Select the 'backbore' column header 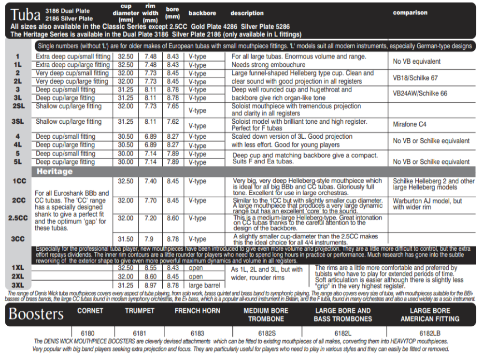[x=202, y=13]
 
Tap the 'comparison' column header [x=410, y=13]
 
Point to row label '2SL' [x=18, y=106]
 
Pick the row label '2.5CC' [x=18, y=218]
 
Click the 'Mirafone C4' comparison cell [x=410, y=124]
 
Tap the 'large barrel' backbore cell [x=205, y=286]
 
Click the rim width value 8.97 [x=150, y=286]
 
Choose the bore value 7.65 [x=173, y=106]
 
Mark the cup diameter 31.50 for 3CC [x=126, y=239]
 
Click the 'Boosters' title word [x=36, y=314]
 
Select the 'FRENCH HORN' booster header [x=197, y=311]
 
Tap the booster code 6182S [x=267, y=333]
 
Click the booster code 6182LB [x=429, y=333]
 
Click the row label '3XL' [x=18, y=285]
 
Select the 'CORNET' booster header [x=90, y=311]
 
